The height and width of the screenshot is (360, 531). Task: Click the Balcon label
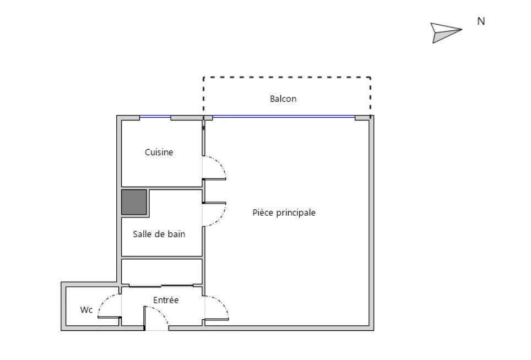coord(283,99)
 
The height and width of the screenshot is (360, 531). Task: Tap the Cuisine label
coord(159,152)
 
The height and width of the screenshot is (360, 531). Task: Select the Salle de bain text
coord(159,234)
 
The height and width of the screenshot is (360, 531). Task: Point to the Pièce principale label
coord(284,212)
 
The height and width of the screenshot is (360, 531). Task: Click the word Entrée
coord(166,300)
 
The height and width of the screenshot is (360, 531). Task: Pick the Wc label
coord(86,310)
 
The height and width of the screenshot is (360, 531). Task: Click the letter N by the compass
coord(481,21)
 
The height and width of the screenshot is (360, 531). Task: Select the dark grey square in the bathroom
coord(134,202)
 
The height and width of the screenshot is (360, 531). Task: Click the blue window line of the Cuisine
coord(155,117)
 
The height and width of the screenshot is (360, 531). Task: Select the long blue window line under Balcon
coord(284,117)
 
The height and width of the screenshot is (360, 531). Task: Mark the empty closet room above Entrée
coord(162,272)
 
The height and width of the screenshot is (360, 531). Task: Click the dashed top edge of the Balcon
coord(287,78)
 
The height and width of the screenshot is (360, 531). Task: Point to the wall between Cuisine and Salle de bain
coord(162,188)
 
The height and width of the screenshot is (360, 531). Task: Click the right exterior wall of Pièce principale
coord(371,223)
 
